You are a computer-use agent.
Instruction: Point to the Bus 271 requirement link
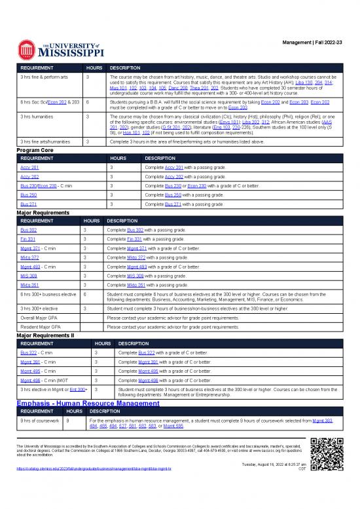click(x=28, y=204)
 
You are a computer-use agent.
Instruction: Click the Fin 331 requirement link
click(x=27, y=240)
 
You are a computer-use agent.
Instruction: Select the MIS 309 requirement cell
click(x=28, y=276)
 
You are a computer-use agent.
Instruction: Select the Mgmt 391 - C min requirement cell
click(x=37, y=361)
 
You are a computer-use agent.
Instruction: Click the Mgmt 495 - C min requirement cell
click(x=37, y=370)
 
